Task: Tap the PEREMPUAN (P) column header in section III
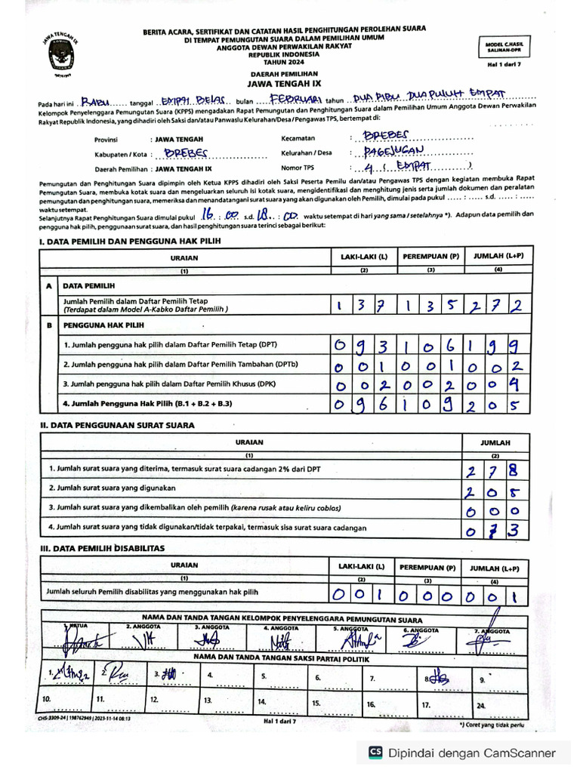(x=428, y=567)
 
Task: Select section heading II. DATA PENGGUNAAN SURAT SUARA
(x=117, y=425)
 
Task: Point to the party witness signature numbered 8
(x=438, y=676)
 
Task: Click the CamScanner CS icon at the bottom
(x=375, y=752)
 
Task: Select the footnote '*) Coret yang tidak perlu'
(x=491, y=725)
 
